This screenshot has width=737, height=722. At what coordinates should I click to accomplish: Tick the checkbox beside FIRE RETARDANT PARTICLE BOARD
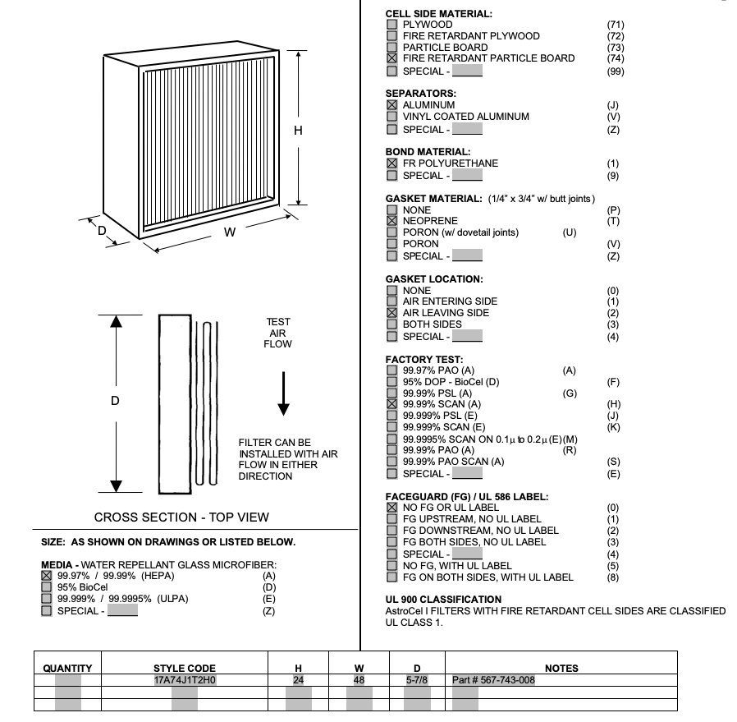pos(391,58)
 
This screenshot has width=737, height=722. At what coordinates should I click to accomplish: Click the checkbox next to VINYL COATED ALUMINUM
pos(391,117)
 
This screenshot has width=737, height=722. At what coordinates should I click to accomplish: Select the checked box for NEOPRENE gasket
pos(391,221)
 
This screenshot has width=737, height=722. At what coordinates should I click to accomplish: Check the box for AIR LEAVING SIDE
pos(391,313)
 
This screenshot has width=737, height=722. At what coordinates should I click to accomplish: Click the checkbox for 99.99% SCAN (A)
pos(391,404)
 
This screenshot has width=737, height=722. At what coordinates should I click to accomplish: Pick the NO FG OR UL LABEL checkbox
pos(391,508)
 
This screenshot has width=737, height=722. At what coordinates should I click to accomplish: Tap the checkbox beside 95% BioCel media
pos(47,587)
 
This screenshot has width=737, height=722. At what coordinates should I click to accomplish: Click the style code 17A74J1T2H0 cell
pos(185,680)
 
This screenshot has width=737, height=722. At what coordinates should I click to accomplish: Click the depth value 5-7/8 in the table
pos(417,680)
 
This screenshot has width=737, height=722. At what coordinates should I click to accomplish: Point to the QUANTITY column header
pos(67,668)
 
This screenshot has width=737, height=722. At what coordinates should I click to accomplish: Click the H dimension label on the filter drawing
pos(298,130)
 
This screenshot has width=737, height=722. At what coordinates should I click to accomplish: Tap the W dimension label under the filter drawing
pos(230,232)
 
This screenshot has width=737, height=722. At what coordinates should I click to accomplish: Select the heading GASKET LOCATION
pos(434,279)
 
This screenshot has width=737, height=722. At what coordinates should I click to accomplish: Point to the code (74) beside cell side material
pos(615,58)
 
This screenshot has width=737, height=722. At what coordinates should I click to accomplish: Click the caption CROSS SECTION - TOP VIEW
pos(181,517)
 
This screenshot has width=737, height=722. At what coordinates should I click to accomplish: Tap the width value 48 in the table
pos(359,680)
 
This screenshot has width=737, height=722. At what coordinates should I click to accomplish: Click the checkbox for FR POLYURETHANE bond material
pos(391,163)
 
